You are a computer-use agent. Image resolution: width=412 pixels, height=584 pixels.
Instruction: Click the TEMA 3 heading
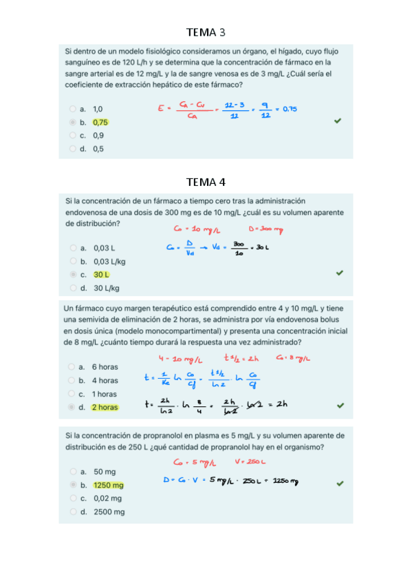coord(206,32)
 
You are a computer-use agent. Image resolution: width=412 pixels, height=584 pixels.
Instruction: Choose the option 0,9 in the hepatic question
coord(98,135)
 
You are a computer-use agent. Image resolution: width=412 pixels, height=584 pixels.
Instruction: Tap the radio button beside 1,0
coord(72,109)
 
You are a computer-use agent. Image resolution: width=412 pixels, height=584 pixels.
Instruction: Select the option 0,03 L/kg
coord(109,261)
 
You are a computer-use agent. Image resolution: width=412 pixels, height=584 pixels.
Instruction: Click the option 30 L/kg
coord(107,288)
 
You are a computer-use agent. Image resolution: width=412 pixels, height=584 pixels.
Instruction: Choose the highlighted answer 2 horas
coord(105,407)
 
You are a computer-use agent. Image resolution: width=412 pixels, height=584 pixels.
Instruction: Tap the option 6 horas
coord(105,367)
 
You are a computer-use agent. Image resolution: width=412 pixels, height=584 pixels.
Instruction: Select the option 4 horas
coord(105,380)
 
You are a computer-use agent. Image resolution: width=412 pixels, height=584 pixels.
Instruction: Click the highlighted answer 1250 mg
coord(108,485)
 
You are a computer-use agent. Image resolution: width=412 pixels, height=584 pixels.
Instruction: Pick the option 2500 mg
coord(109,512)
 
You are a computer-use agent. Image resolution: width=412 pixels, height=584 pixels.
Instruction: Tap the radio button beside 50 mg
coord(72,472)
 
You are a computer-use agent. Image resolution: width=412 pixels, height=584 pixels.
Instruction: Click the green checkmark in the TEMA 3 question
coord(337,121)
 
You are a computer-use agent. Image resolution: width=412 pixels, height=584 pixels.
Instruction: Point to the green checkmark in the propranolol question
coord(339,483)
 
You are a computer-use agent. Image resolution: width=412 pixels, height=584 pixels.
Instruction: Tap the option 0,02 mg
coord(107,498)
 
